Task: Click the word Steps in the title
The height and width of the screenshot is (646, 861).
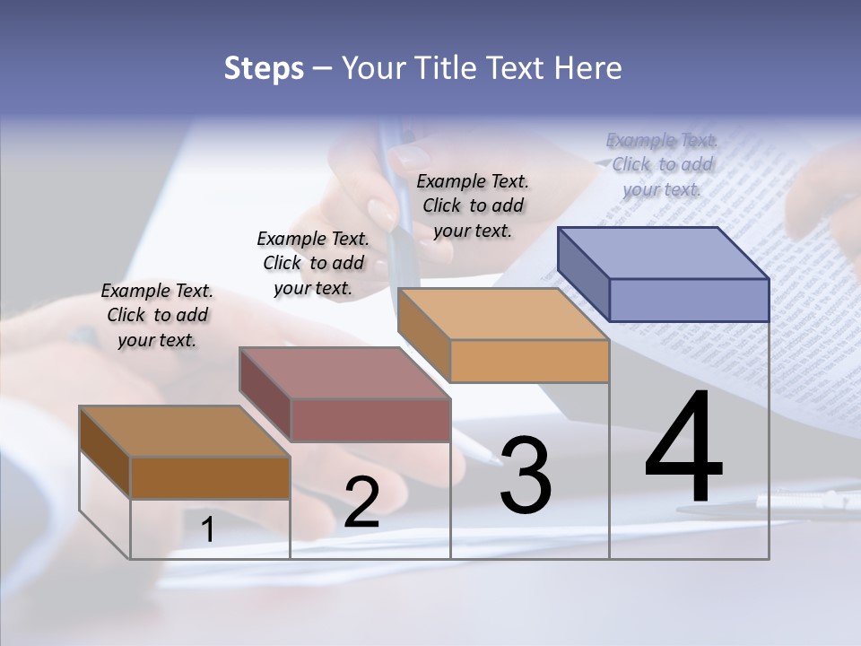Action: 263,68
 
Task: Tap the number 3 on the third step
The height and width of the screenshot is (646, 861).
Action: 526,476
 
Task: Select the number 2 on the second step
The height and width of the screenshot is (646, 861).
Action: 361,503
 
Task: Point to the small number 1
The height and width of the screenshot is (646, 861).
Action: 208,530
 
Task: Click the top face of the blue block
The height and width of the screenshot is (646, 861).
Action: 664,252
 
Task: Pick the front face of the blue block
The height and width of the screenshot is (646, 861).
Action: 689,300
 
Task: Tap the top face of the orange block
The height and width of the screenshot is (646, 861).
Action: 502,314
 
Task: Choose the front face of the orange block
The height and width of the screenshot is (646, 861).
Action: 529,362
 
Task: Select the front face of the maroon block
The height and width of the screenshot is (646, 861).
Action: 370,420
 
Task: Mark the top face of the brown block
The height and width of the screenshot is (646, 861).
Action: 185,432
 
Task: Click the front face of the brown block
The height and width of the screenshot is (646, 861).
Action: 210,477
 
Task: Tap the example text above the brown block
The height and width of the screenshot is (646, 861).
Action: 157,315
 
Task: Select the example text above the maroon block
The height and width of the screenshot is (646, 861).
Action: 313,263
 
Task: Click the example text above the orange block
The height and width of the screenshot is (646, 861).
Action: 473,205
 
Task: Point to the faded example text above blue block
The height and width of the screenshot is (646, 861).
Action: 662,164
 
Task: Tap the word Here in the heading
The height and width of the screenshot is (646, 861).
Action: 588,68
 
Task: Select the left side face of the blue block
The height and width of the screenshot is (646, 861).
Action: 583,274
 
